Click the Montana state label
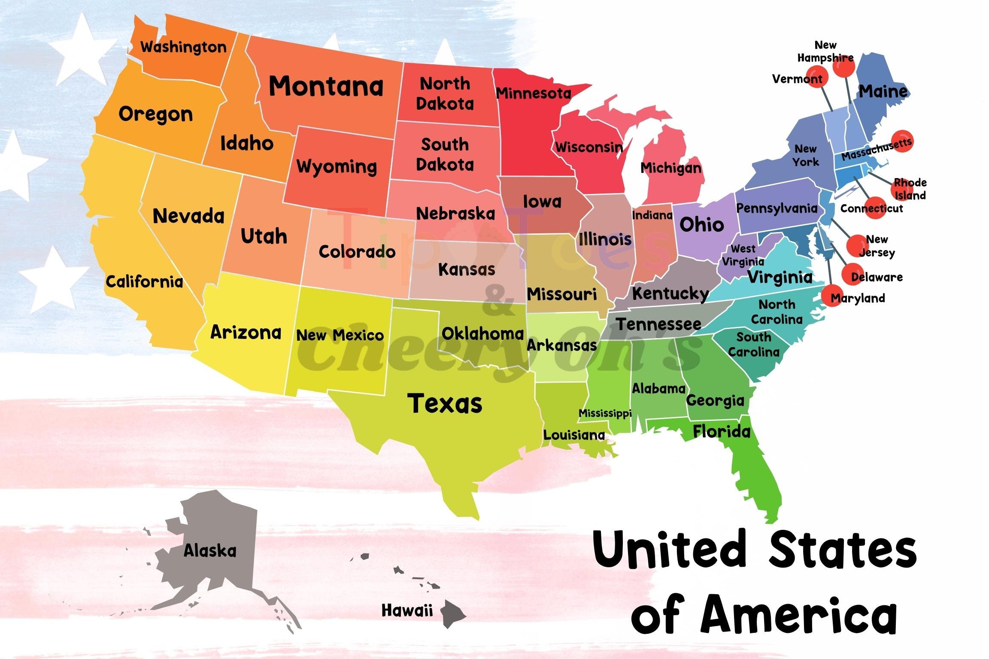pyautogui.click(x=326, y=86)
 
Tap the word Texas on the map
pyautogui.click(x=445, y=403)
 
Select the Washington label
pyautogui.click(x=183, y=47)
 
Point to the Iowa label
pyautogui.click(x=542, y=201)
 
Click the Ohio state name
pyautogui.click(x=701, y=224)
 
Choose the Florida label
pyautogui.click(x=722, y=432)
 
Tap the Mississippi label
pyautogui.click(x=605, y=413)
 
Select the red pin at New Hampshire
pyautogui.click(x=844, y=66)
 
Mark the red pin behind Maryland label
pyautogui.click(x=832, y=295)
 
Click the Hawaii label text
pyautogui.click(x=407, y=610)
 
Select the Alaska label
pyautogui.click(x=210, y=550)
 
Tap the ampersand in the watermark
pyautogui.click(x=498, y=300)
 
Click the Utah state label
pyautogui.click(x=264, y=236)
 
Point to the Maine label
pyautogui.click(x=883, y=91)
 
